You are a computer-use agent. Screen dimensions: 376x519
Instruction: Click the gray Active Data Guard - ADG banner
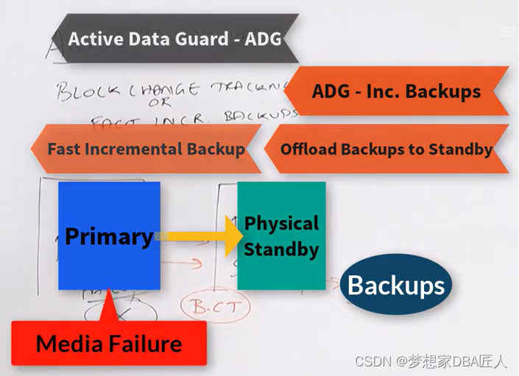pyautogui.click(x=174, y=38)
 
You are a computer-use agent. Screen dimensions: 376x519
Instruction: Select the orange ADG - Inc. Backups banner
pyautogui.click(x=396, y=91)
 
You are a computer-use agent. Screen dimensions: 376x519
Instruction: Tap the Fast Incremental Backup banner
pyautogui.click(x=146, y=149)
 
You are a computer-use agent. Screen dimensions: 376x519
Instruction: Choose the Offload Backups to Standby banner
pyautogui.click(x=386, y=149)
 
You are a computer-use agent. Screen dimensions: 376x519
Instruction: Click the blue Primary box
pyautogui.click(x=109, y=236)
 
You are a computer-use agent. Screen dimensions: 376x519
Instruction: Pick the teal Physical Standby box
pyautogui.click(x=281, y=235)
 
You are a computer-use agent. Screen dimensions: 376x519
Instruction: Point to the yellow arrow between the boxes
pyautogui.click(x=202, y=236)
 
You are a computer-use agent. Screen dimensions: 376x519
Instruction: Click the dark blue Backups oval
pyautogui.click(x=396, y=285)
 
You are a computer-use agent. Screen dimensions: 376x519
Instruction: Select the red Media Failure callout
pyautogui.click(x=109, y=343)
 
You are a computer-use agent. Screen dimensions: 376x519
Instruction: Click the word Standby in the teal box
pyautogui.click(x=281, y=249)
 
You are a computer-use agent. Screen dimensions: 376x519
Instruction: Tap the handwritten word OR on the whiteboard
pyautogui.click(x=158, y=103)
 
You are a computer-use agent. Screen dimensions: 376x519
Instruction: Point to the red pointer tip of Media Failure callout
pyautogui.click(x=109, y=294)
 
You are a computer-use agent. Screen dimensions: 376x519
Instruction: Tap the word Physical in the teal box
pyautogui.click(x=281, y=223)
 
